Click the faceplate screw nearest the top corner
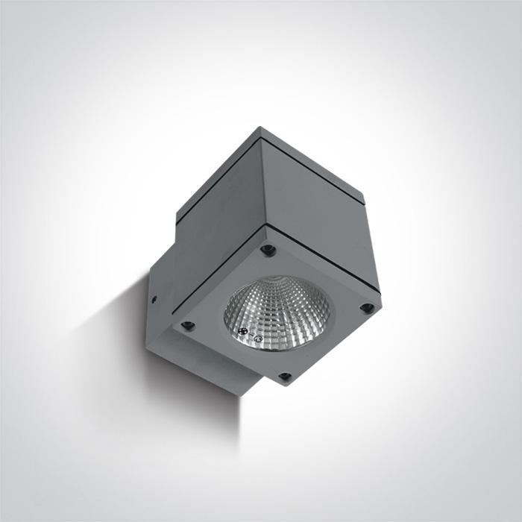pos(269,251)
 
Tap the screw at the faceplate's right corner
pos(365,307)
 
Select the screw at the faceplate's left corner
pos(188,325)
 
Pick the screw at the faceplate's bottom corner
pos(284,377)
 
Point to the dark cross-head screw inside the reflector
pos(242,331)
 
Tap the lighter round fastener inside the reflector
pos(257,339)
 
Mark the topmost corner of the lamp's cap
pos(260,128)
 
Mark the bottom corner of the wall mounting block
pos(239,394)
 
